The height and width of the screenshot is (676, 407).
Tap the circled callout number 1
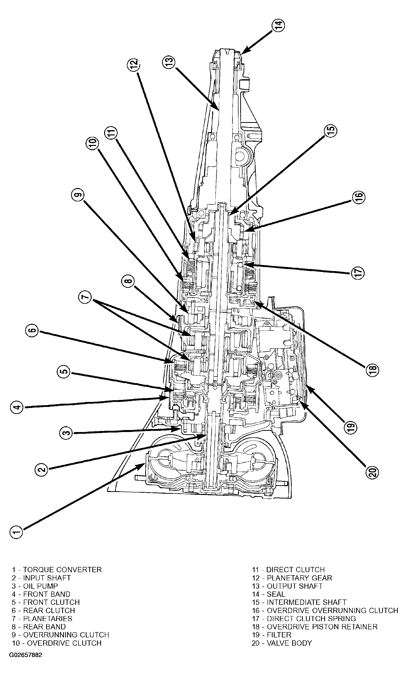(x=17, y=532)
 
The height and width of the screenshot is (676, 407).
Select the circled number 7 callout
(x=86, y=297)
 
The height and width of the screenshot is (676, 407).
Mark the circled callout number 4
(x=17, y=407)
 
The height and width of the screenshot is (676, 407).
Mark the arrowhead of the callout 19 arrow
(x=307, y=386)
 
